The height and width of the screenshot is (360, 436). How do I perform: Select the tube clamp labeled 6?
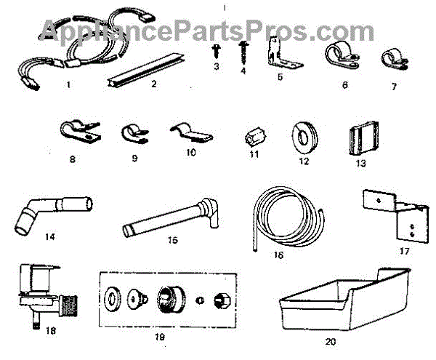coord(339,57)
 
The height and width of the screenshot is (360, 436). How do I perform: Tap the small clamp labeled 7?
coord(392,60)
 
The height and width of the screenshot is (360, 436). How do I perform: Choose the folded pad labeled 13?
coord(354,137)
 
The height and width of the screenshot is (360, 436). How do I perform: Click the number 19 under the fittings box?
coord(160,337)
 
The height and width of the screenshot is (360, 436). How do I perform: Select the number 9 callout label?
coord(131,155)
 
